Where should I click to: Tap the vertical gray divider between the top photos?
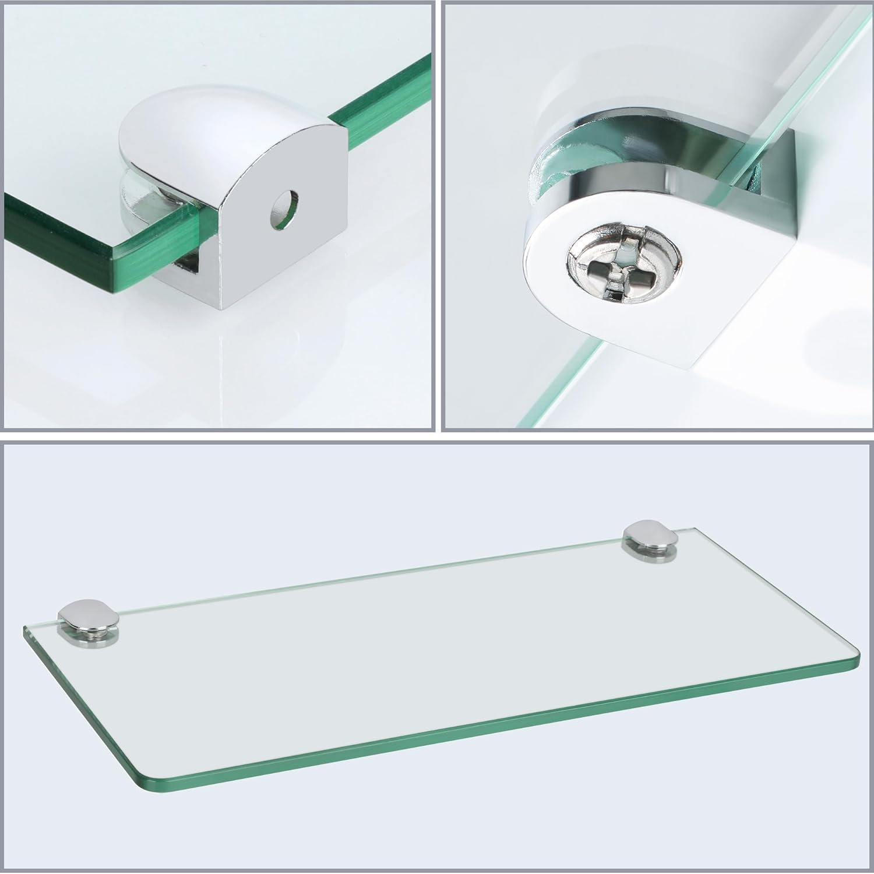[439, 216]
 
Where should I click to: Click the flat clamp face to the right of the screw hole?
[318, 233]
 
